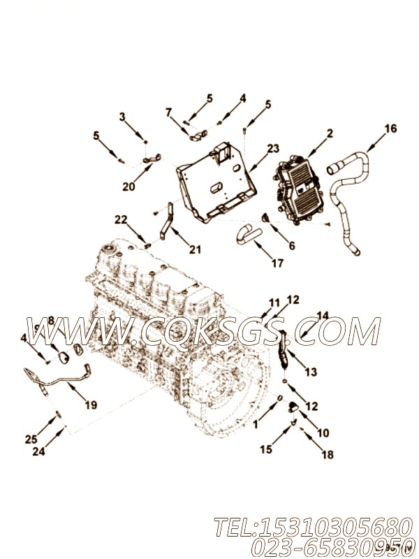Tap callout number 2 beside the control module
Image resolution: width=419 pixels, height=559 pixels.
pyautogui.click(x=329, y=133)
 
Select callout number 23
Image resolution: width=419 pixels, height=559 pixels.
pyautogui.click(x=272, y=148)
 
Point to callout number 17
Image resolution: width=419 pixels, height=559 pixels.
pyautogui.click(x=278, y=263)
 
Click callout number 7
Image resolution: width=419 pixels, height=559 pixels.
pyautogui.click(x=168, y=112)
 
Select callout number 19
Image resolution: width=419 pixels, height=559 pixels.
pyautogui.click(x=91, y=405)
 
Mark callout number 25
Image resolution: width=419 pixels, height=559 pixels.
pyautogui.click(x=31, y=439)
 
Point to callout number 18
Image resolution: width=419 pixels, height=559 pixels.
pyautogui.click(x=327, y=454)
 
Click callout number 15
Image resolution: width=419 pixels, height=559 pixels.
pyautogui.click(x=265, y=449)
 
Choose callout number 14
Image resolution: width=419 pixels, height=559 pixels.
pyautogui.click(x=322, y=316)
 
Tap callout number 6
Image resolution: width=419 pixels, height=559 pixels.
pyautogui.click(x=291, y=246)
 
